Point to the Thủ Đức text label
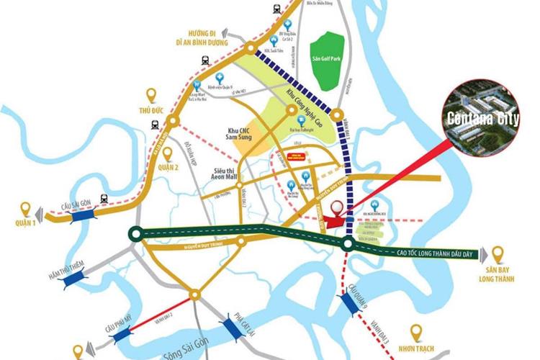pyautogui.click(x=153, y=114)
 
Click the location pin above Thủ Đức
pyautogui.click(x=152, y=95)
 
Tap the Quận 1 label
pyautogui.click(x=26, y=224)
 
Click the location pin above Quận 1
pyautogui.click(x=27, y=209)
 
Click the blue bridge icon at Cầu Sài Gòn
pyautogui.click(x=75, y=212)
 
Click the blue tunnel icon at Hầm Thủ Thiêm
pyautogui.click(x=73, y=276)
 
